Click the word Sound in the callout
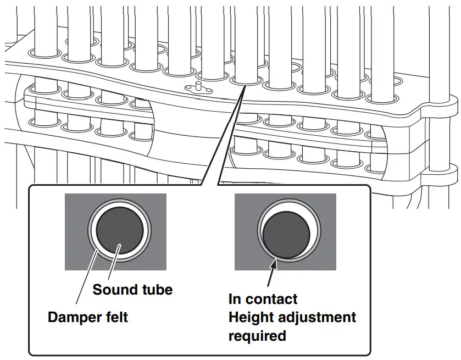tap(113, 290)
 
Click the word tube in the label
tap(155, 290)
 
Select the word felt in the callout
tap(117, 318)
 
